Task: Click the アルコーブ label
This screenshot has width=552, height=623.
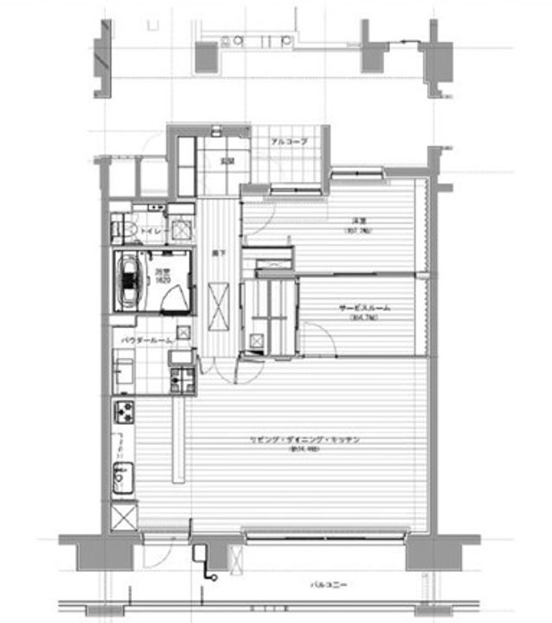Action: (288, 141)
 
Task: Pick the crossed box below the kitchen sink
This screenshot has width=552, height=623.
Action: (124, 517)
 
